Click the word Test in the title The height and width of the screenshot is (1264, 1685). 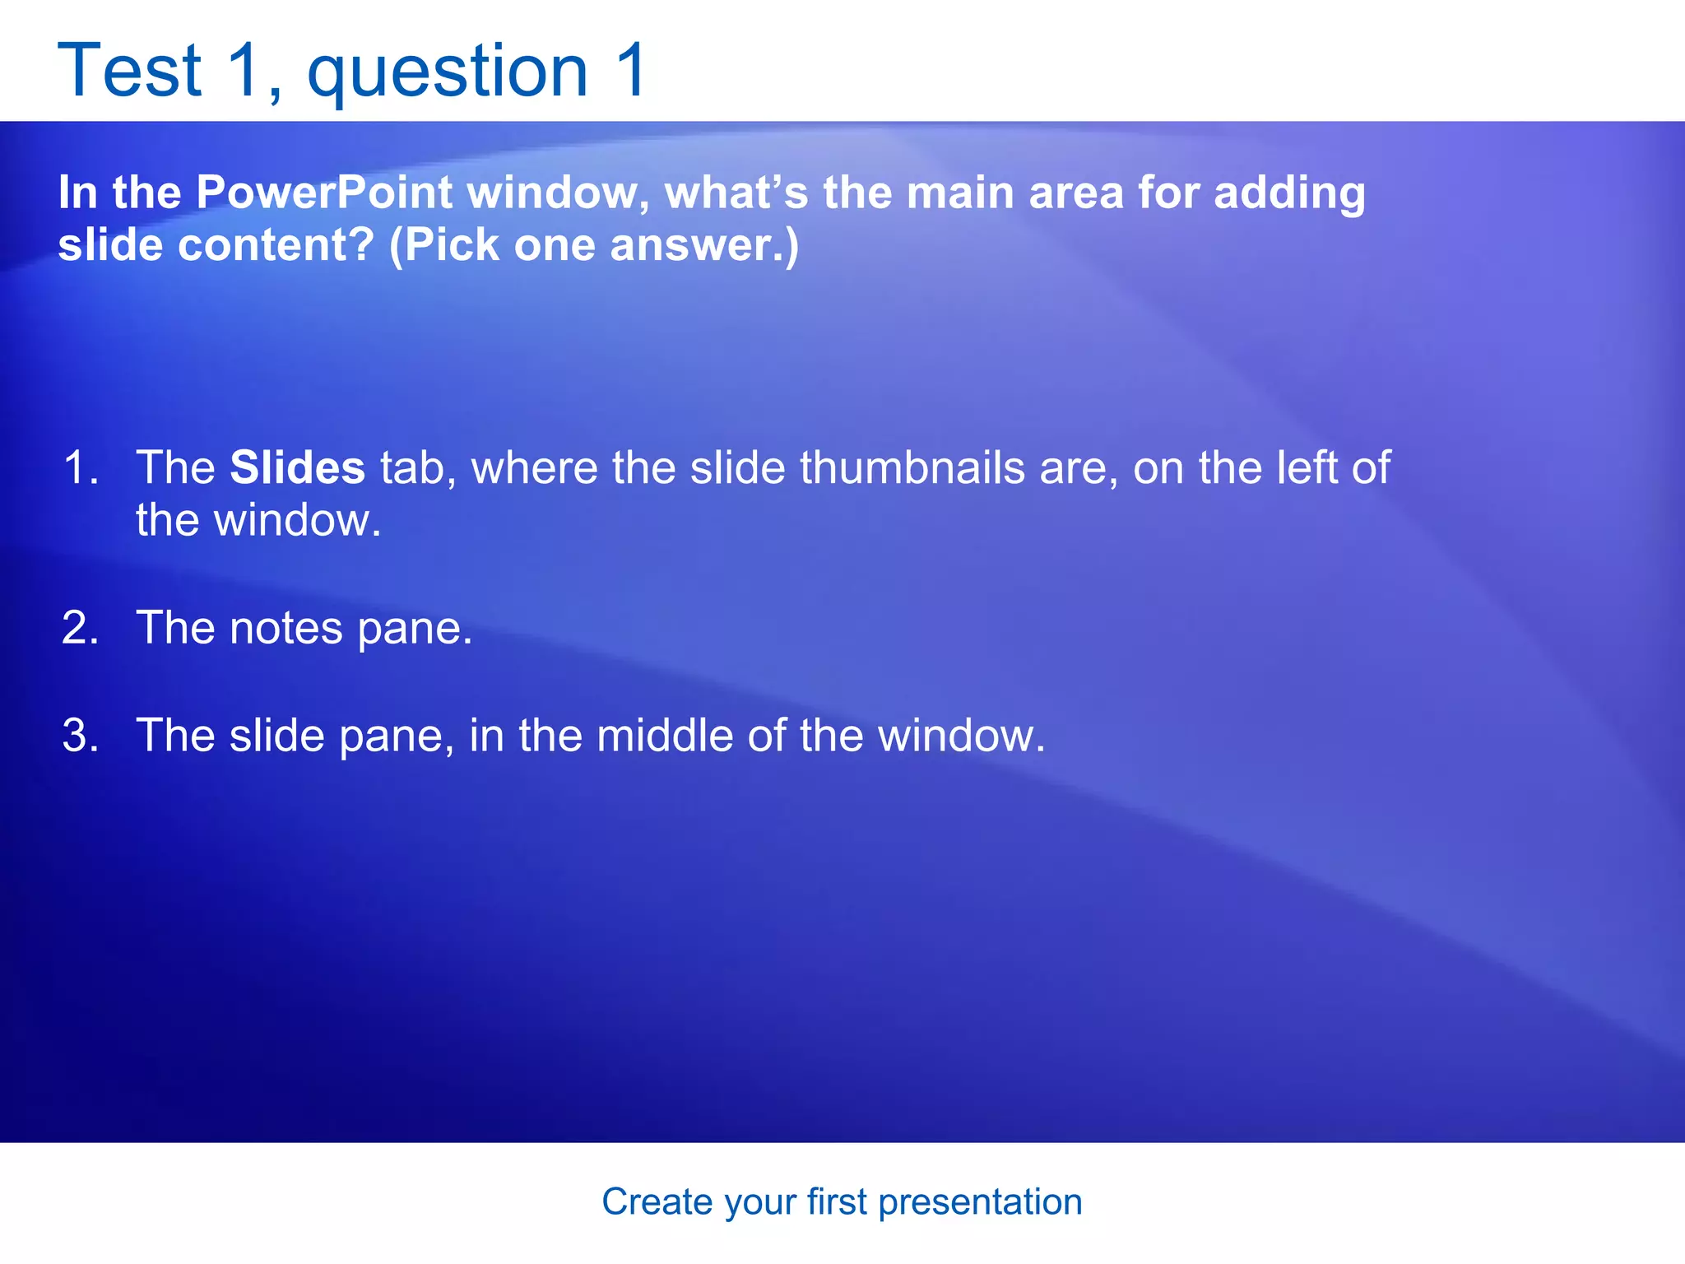pos(129,71)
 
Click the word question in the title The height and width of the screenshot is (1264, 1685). pos(448,72)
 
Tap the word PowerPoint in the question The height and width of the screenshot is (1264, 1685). pos(323,193)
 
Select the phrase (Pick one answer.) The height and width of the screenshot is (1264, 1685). pos(593,245)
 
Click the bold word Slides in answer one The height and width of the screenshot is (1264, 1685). pos(297,467)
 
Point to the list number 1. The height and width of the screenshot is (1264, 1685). pos(80,467)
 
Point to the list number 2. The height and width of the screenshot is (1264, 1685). pos(80,628)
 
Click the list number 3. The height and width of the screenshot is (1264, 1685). pos(80,735)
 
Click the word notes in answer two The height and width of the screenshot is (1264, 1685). pos(285,628)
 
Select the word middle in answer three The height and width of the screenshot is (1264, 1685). pos(664,735)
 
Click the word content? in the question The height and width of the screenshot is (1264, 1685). pos(276,245)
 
